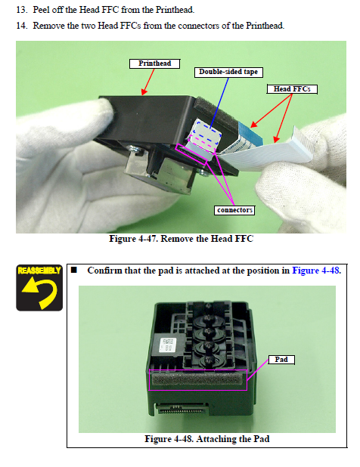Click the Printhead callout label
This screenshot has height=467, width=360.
click(155, 63)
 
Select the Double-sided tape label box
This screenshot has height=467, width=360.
click(228, 72)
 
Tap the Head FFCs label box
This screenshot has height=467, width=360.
click(292, 89)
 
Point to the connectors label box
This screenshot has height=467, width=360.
click(234, 210)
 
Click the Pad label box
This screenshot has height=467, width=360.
click(281, 360)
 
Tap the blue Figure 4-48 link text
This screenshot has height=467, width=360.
click(316, 271)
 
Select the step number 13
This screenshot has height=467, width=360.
click(21, 10)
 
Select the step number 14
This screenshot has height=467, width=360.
click(21, 26)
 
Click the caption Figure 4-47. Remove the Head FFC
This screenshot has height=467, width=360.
click(182, 239)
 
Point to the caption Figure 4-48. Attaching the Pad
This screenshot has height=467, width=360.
click(207, 439)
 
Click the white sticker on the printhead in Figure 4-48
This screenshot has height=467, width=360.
click(168, 345)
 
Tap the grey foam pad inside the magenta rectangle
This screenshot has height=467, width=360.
click(197, 379)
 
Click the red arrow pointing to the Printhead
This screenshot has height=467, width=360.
click(148, 82)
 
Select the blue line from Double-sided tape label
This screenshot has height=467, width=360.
click(219, 103)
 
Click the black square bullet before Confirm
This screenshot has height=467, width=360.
click(74, 270)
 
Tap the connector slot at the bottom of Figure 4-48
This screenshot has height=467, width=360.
click(182, 409)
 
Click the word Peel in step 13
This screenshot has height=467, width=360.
click(42, 10)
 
